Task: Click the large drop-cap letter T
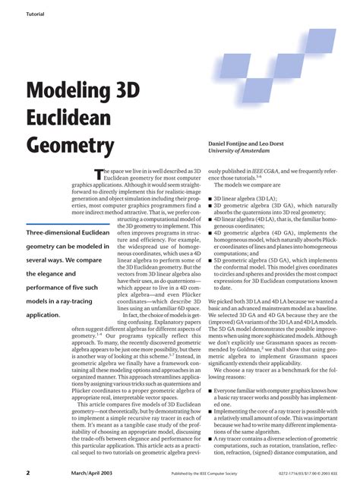click(97, 175)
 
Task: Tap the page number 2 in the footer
click(27, 472)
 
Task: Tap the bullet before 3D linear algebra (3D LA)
click(210, 197)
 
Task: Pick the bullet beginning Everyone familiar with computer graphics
click(210, 368)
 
